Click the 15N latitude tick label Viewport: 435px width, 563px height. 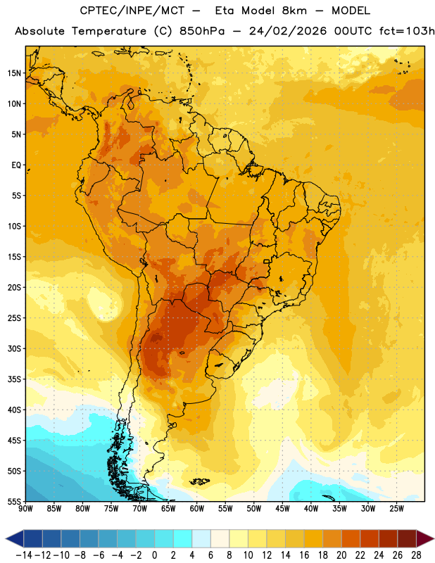tap(14, 73)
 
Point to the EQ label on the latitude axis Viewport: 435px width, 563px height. tap(16, 165)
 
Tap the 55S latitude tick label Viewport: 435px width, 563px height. tap(14, 501)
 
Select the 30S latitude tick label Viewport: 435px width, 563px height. tap(14, 348)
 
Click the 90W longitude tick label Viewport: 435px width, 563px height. tap(26, 508)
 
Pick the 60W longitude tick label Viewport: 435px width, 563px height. tap(197, 508)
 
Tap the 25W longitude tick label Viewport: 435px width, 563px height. tap(396, 508)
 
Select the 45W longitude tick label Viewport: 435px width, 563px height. tap(282, 508)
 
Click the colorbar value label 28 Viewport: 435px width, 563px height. tap(416, 555)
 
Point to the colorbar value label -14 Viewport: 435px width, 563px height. tap(24, 555)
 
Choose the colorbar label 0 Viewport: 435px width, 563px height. tap(154, 555)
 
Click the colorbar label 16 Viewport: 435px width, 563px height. tap(304, 555)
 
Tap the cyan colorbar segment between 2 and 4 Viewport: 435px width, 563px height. tap(182, 538)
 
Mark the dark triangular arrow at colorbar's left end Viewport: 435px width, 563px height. tap(14, 538)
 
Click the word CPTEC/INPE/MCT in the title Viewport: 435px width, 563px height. tap(132, 11)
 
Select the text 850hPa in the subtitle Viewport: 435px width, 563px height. tap(202, 31)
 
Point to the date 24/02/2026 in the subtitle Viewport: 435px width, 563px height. tap(288, 31)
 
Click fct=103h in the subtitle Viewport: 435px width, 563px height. tap(407, 31)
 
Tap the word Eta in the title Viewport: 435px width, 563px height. tap(225, 11)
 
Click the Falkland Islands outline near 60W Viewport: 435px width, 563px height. tap(199, 481)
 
